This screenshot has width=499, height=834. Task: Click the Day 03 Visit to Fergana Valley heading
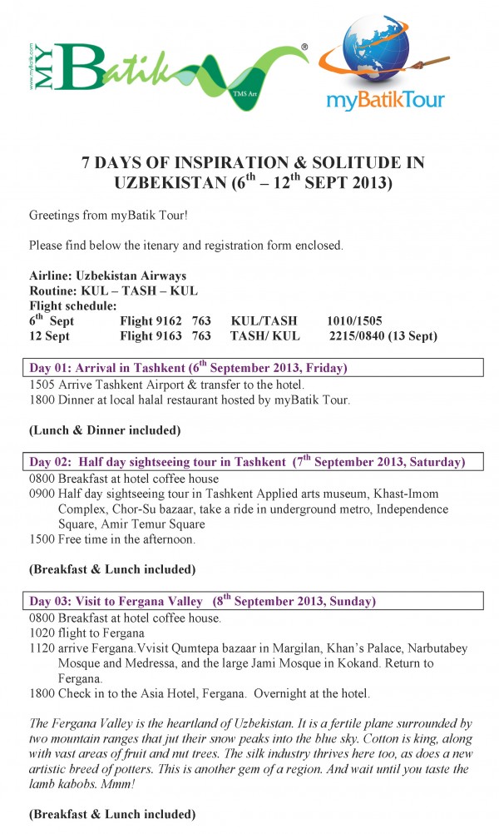pos(204,601)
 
